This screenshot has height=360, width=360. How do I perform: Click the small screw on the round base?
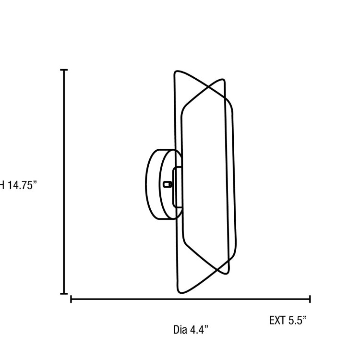[x=167, y=183]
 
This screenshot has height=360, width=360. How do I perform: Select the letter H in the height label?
[x=1, y=186]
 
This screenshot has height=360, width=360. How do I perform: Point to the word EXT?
[x=277, y=320]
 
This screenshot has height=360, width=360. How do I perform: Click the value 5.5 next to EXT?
[x=298, y=320]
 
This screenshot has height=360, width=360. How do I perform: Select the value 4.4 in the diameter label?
[x=199, y=330]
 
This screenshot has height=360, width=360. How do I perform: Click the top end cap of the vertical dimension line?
[x=64, y=70]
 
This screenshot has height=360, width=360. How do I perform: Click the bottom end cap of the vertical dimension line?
[x=64, y=293]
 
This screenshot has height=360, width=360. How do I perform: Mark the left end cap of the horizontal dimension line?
[x=71, y=299]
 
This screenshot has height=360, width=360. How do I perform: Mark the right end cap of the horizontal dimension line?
[x=310, y=299]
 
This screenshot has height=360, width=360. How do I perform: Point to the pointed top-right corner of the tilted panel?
[x=222, y=80]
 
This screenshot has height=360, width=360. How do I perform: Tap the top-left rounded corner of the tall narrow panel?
[x=176, y=73]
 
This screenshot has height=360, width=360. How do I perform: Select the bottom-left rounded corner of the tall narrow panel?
[x=179, y=291]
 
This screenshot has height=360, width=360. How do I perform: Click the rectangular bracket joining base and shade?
[x=177, y=184]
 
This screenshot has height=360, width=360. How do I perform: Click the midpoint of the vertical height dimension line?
[x=64, y=181]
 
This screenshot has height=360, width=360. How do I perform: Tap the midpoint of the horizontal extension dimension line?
[x=191, y=299]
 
